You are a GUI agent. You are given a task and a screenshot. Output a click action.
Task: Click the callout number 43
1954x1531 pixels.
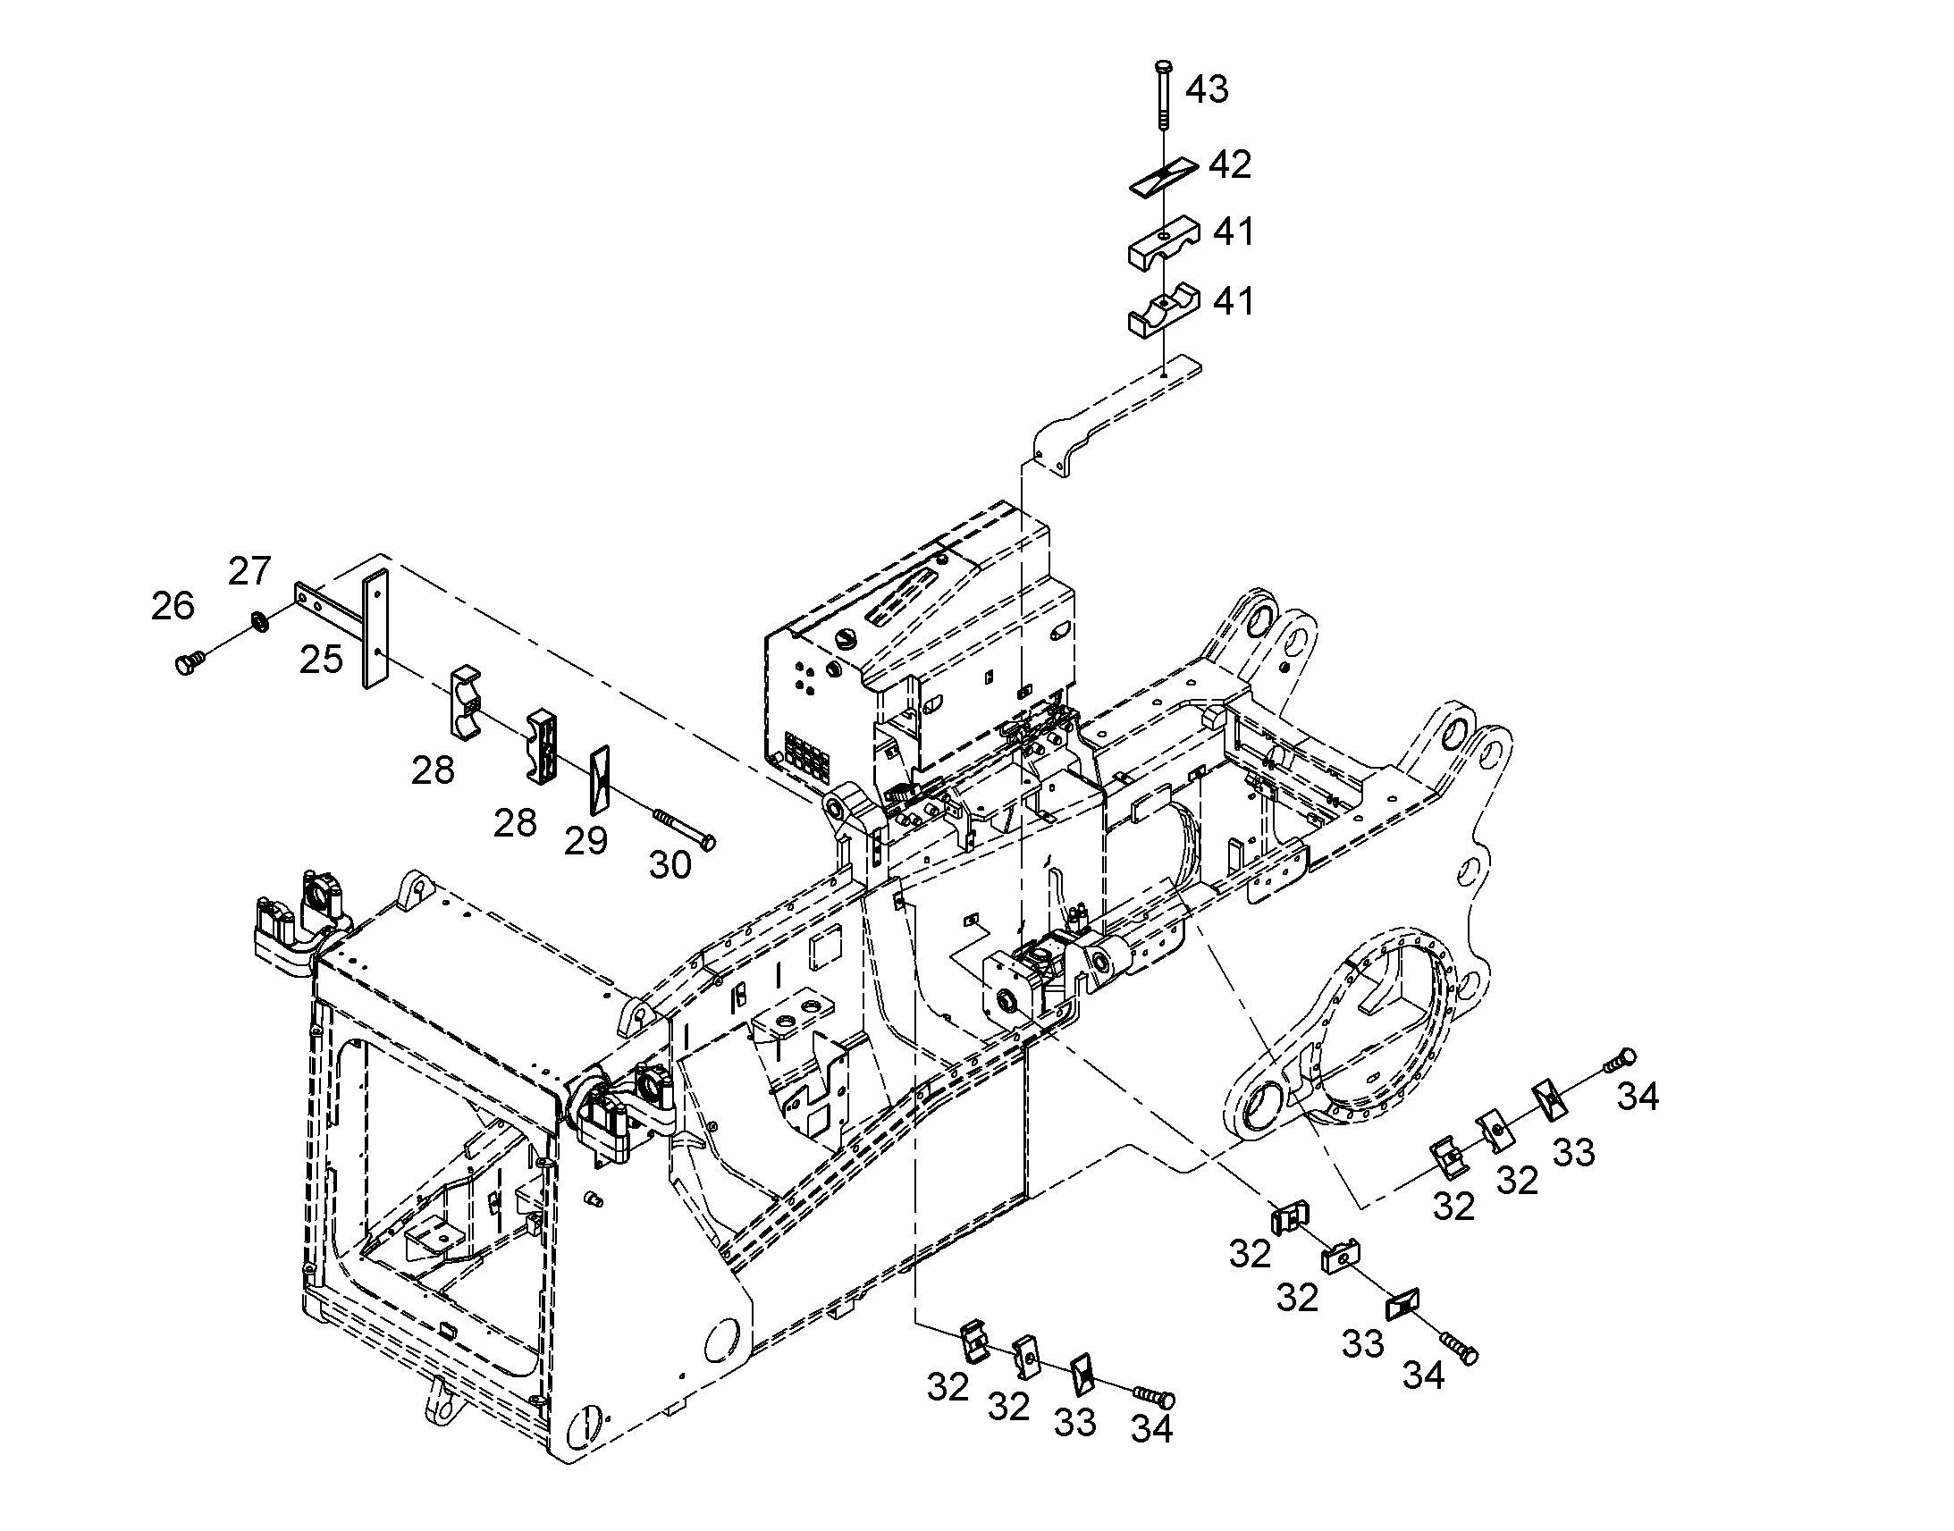click(x=1207, y=89)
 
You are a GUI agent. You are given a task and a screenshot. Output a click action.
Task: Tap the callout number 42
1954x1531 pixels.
click(x=1230, y=165)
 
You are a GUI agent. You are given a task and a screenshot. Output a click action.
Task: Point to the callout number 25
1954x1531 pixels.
click(x=321, y=660)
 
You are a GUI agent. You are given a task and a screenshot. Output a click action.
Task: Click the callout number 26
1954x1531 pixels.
click(x=173, y=606)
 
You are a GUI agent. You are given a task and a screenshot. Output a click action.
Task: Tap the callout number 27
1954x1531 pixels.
click(x=249, y=571)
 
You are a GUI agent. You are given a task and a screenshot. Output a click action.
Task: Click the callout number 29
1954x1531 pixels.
click(x=586, y=841)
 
